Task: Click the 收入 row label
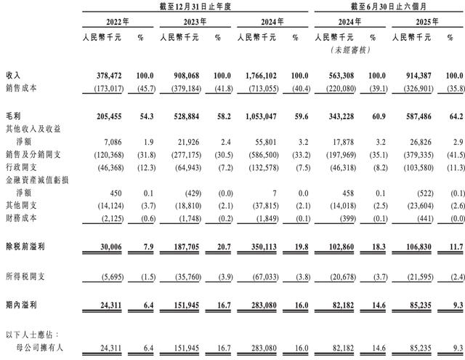[x=14, y=76]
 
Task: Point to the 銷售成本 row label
[x=20, y=88]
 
